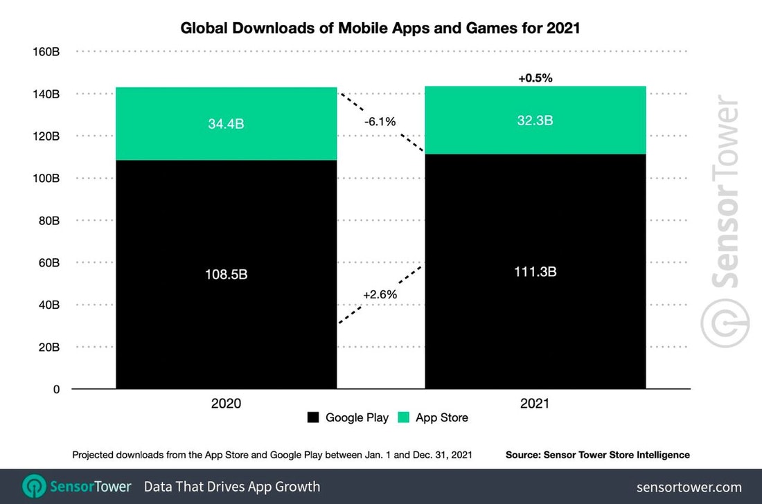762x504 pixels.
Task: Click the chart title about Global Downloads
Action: pyautogui.click(x=380, y=28)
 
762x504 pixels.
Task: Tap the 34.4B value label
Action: pyautogui.click(x=227, y=125)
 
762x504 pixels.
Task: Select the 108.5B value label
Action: pyautogui.click(x=227, y=274)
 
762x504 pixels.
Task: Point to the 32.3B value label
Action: pyautogui.click(x=535, y=120)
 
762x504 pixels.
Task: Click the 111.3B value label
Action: pyautogui.click(x=535, y=272)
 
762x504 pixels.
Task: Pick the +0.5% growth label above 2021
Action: pyautogui.click(x=535, y=78)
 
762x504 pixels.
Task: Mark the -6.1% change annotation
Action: pyautogui.click(x=380, y=122)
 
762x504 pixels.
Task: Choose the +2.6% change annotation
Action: pyautogui.click(x=380, y=294)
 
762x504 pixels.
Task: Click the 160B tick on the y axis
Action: pyautogui.click(x=46, y=51)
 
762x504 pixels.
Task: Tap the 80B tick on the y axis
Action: pyautogui.click(x=48, y=221)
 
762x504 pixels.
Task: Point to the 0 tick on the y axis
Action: pyautogui.click(x=56, y=390)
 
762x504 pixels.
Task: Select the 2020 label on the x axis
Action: pyautogui.click(x=227, y=403)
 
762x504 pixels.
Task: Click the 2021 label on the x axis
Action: pyautogui.click(x=535, y=403)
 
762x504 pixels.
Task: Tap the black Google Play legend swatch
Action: pyautogui.click(x=313, y=417)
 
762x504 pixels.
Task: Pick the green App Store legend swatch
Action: pyautogui.click(x=403, y=417)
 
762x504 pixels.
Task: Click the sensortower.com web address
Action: pyautogui.click(x=689, y=487)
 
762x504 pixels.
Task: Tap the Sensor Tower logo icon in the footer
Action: pyautogui.click(x=34, y=486)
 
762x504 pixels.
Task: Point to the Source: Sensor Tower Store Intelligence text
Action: pyautogui.click(x=598, y=455)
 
